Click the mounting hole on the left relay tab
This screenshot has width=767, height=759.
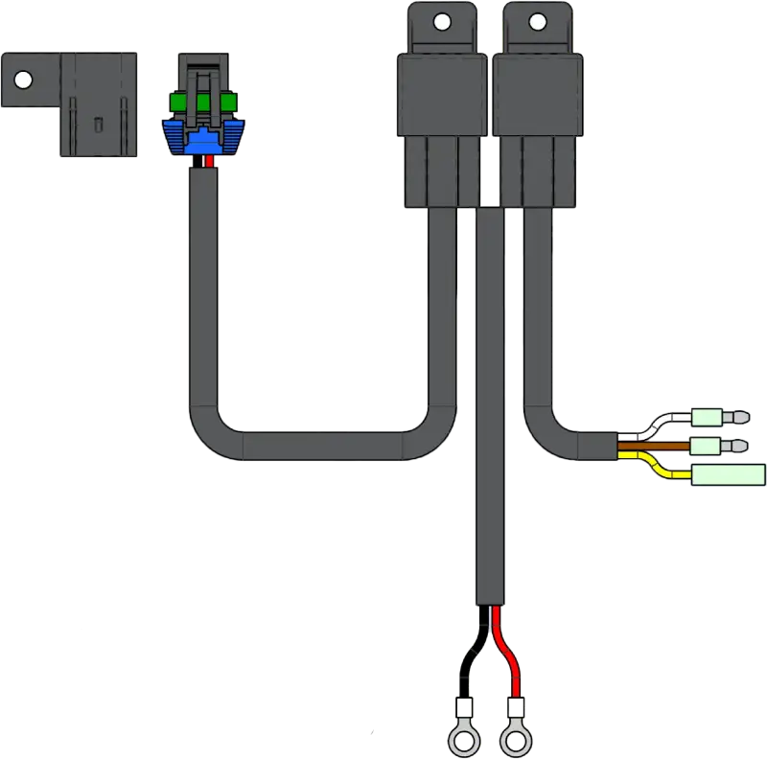[x=441, y=20]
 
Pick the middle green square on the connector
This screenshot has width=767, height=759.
[x=202, y=102]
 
